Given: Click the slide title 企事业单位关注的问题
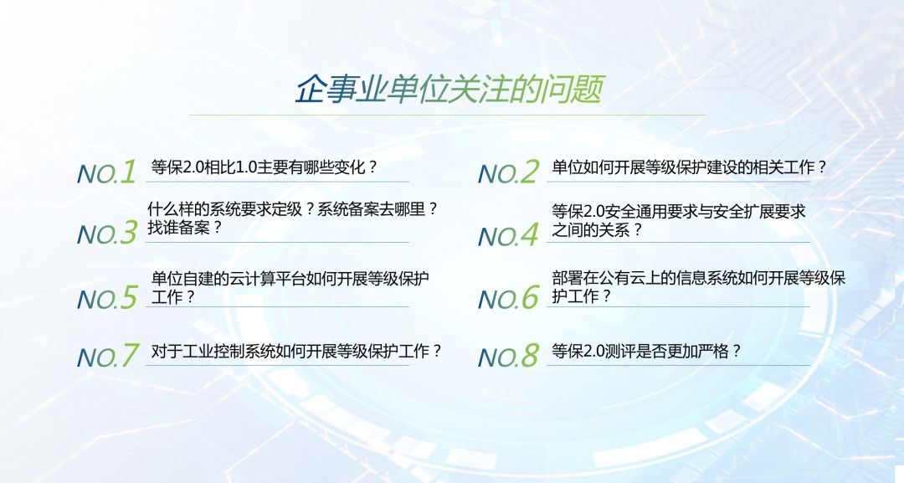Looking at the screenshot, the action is [x=449, y=90].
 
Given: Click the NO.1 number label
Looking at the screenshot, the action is [x=106, y=172].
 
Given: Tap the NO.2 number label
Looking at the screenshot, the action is [x=509, y=172].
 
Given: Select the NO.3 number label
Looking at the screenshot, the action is [x=107, y=233].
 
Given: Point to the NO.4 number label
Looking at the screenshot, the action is [x=509, y=235].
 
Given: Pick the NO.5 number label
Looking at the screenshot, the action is [x=107, y=297].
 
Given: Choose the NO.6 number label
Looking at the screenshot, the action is [x=509, y=297].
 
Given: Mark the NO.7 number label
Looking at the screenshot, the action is [x=108, y=356].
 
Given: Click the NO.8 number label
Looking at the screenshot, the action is [x=509, y=356].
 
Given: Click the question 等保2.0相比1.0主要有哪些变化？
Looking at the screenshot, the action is [x=264, y=167].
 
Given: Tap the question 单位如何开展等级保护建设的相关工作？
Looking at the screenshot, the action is [x=689, y=167].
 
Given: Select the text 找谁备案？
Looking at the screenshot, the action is [x=184, y=228].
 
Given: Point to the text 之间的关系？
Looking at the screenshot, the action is [x=597, y=230].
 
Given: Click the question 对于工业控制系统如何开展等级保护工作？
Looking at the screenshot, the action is [x=296, y=351].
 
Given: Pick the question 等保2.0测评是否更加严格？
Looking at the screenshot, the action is [x=646, y=351].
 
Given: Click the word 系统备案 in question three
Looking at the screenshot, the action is [x=347, y=209].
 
